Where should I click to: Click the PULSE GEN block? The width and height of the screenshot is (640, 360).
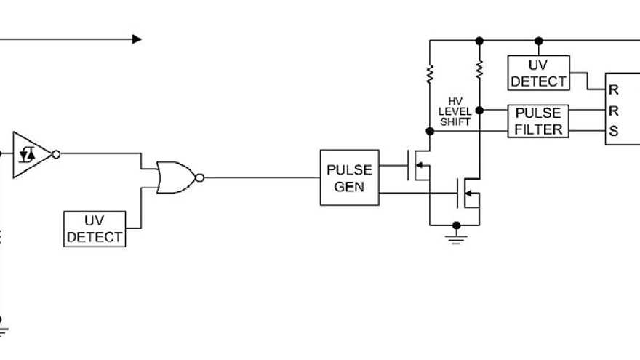[349, 177]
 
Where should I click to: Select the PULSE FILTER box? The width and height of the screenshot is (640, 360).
[538, 121]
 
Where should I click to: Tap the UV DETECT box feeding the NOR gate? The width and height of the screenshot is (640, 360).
[95, 229]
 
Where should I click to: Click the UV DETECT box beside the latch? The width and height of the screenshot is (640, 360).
[538, 73]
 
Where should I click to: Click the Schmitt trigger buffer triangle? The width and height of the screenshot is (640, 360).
[31, 154]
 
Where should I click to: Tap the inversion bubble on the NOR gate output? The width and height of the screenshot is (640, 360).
[200, 177]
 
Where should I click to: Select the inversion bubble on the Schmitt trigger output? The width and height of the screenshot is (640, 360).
[56, 154]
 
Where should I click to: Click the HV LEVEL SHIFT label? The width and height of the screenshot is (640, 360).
[455, 112]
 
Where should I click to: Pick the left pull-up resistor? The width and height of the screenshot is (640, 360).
[430, 73]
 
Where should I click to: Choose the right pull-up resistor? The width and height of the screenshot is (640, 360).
[479, 69]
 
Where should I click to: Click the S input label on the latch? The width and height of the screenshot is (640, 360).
[614, 132]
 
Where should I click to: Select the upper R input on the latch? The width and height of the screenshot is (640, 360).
[614, 90]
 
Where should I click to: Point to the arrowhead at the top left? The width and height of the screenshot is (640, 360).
[137, 39]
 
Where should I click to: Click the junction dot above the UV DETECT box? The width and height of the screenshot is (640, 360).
[538, 40]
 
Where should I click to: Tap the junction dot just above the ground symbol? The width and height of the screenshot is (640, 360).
[456, 225]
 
